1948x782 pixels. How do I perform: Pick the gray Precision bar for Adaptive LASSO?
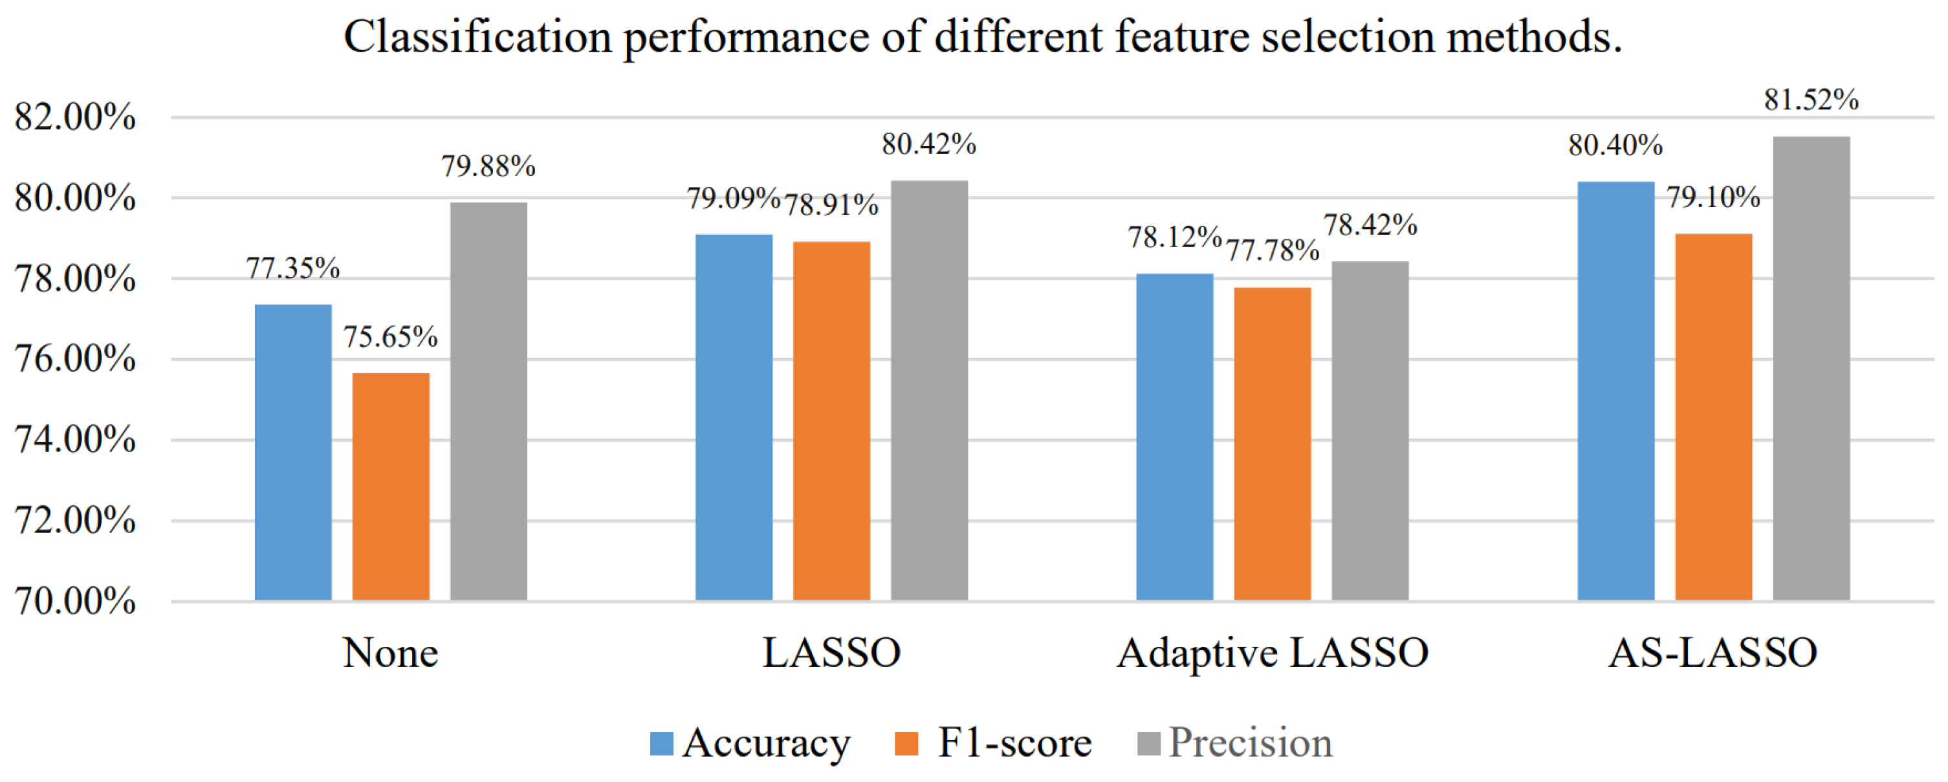click(x=1370, y=430)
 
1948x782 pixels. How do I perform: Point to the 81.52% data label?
click(x=1811, y=100)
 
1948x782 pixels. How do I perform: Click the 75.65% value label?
click(x=390, y=336)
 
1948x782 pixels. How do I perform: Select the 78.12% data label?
click(x=1174, y=237)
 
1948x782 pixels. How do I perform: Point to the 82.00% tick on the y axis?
click(x=75, y=117)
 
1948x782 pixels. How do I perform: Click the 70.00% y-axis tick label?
click(x=75, y=602)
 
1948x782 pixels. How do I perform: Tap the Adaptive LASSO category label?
click(x=1273, y=653)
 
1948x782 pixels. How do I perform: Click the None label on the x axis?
click(x=390, y=653)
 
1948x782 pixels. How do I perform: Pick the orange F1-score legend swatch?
click(x=906, y=743)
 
